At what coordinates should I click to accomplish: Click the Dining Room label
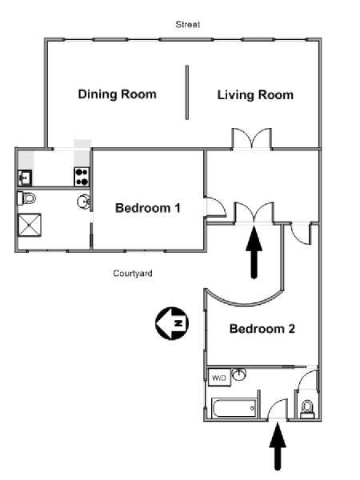[x=118, y=94]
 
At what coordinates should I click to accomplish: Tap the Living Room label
[x=255, y=95]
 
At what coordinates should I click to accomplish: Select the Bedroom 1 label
[x=148, y=208]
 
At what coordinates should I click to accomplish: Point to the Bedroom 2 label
[x=262, y=329]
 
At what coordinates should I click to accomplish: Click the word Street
[x=188, y=25]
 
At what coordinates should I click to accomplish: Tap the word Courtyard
[x=133, y=273]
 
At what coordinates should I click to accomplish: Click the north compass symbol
[x=172, y=323]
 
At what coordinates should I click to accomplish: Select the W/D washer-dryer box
[x=219, y=378]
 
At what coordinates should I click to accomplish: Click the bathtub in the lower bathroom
[x=234, y=408]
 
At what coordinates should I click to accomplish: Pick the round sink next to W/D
[x=239, y=374]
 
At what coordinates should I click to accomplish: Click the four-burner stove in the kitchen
[x=82, y=177]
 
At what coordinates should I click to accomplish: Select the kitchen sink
[x=25, y=178]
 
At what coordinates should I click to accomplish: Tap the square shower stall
[x=30, y=225]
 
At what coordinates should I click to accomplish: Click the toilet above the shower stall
[x=26, y=198]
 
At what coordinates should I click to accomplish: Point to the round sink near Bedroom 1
[x=83, y=202]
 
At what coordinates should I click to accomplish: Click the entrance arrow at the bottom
[x=278, y=446]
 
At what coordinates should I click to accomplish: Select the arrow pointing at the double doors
[x=254, y=252]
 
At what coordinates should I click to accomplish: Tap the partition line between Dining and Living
[x=187, y=92]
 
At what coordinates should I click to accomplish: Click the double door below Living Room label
[x=252, y=139]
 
